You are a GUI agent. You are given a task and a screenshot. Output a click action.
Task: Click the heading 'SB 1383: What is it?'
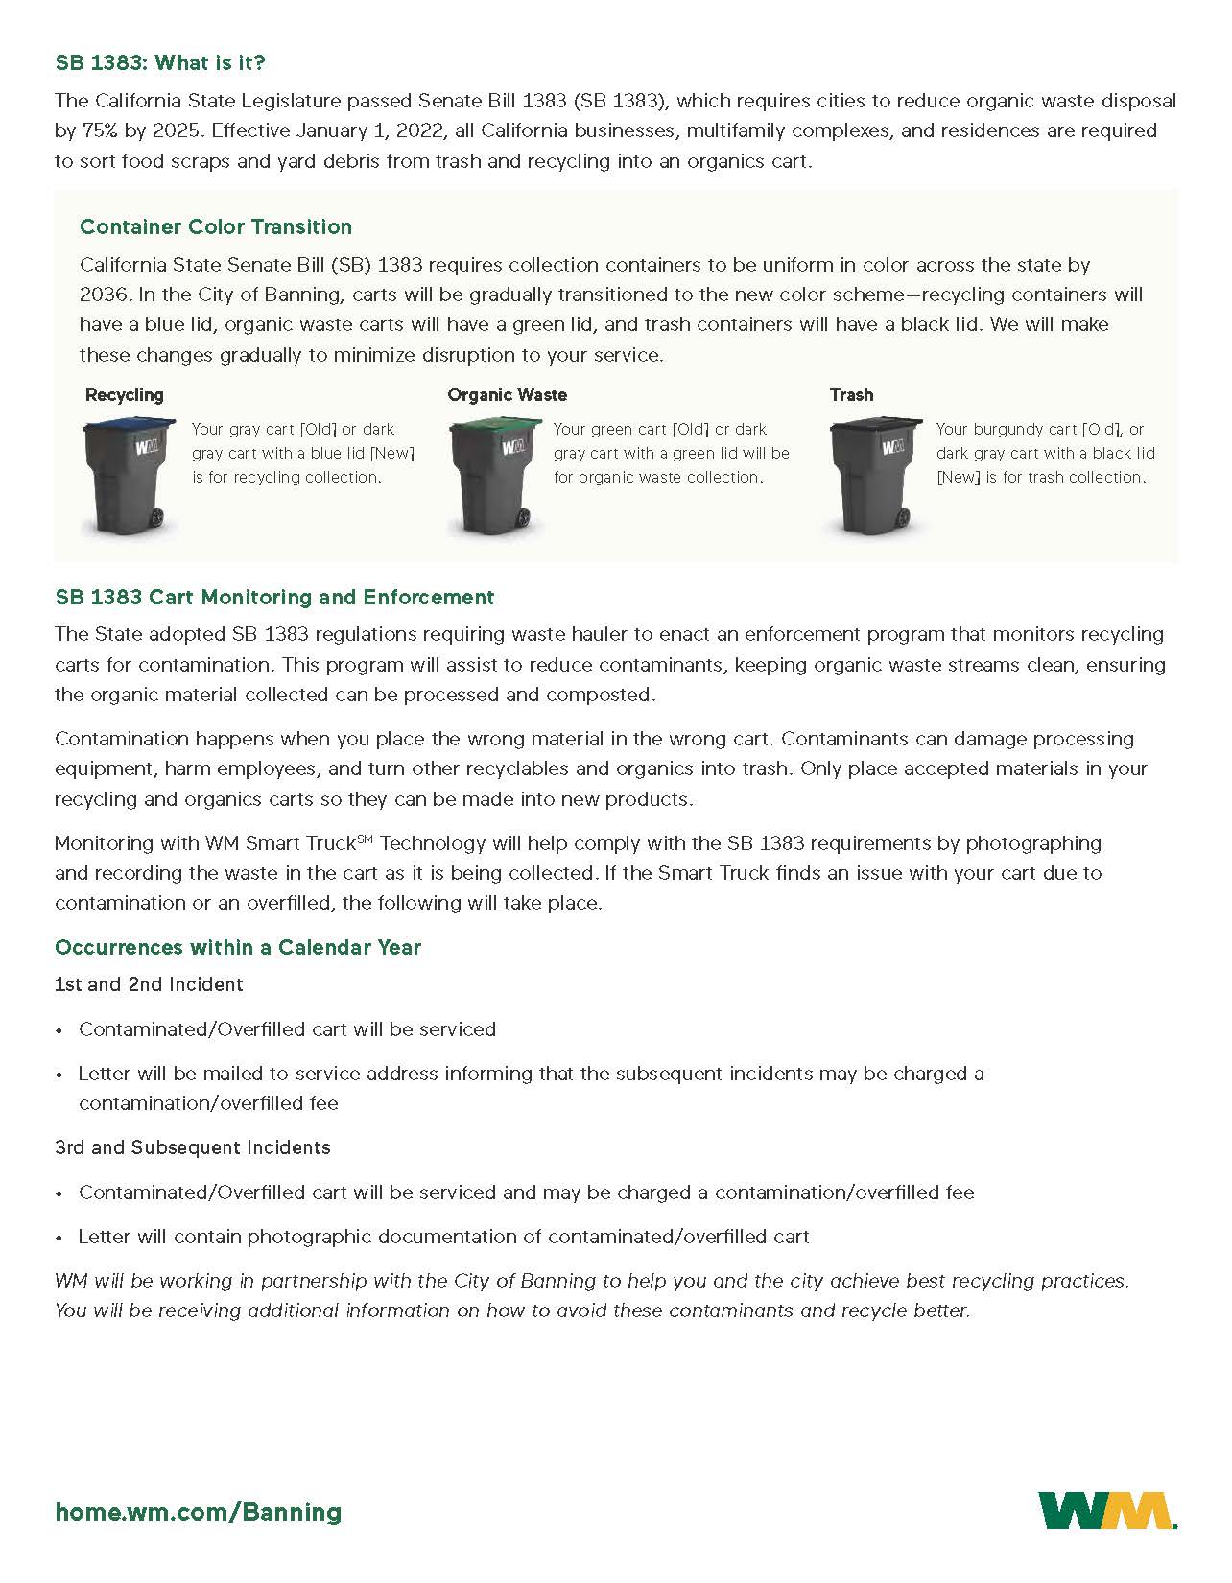click(160, 63)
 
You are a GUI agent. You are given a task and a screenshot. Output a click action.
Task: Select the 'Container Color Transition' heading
click(216, 227)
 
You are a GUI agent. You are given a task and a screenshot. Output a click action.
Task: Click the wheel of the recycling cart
click(157, 519)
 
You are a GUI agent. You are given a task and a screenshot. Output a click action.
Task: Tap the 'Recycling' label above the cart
click(125, 395)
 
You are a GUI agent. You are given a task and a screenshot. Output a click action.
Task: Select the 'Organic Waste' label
click(507, 395)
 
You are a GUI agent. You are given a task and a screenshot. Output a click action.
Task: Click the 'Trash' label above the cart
click(851, 395)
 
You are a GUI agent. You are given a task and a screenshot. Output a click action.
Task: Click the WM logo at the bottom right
click(1107, 1510)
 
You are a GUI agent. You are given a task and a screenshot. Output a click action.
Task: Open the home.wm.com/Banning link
click(199, 1513)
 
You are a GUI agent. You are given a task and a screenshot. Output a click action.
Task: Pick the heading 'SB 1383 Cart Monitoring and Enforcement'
click(274, 598)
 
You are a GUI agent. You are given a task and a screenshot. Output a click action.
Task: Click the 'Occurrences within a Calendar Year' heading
click(238, 948)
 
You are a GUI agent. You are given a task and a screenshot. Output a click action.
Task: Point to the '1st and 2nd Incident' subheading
click(149, 984)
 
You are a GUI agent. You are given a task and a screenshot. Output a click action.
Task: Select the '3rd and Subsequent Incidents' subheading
click(193, 1147)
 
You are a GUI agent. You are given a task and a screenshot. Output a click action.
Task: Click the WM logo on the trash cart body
click(892, 447)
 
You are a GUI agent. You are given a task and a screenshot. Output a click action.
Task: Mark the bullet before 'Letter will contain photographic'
click(59, 1238)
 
